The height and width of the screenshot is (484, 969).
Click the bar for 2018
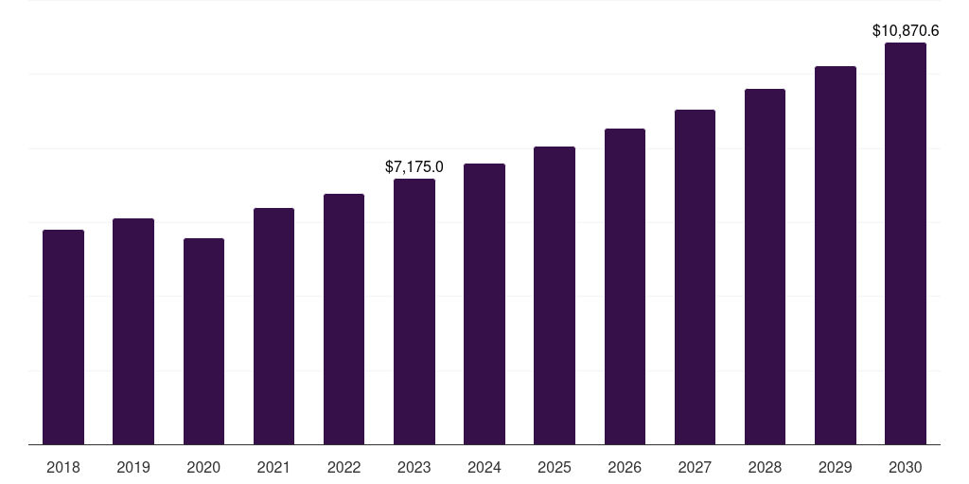coord(63,337)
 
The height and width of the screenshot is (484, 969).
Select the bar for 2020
coord(203,341)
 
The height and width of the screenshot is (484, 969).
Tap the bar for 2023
coord(414,311)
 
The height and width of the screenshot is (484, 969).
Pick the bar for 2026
coord(625,286)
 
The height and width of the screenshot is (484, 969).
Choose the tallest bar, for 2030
coord(906,243)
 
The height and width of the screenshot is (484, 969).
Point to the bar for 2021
coord(273,326)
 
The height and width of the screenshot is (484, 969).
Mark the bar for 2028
coord(765,267)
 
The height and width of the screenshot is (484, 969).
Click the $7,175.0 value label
coord(414,167)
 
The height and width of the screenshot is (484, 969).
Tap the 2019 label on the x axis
coord(133,467)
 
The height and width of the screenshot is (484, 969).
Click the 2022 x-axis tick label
coord(344,467)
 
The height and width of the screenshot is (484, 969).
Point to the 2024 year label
coord(484,467)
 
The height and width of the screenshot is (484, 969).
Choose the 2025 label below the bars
coord(555,467)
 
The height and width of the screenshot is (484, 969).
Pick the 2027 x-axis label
coord(695,467)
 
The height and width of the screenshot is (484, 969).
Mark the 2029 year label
coord(836,467)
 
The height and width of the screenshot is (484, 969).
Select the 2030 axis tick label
coord(906,467)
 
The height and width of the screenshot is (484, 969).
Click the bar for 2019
coord(133,331)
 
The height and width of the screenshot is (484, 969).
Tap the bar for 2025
coord(555,295)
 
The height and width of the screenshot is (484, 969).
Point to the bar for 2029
coord(836,255)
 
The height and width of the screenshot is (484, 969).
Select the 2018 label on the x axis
coord(63,467)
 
